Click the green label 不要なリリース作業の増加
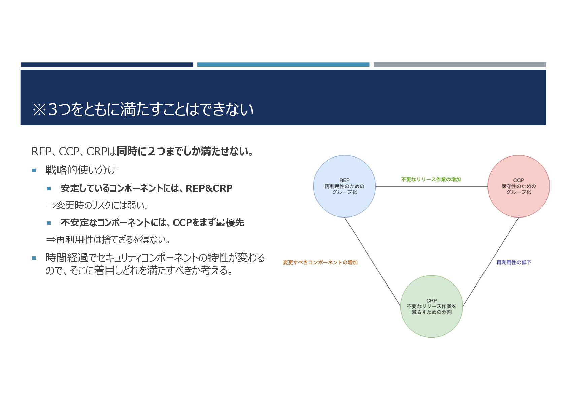click(x=431, y=180)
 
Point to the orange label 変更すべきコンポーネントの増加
click(x=320, y=263)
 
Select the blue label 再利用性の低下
click(x=513, y=263)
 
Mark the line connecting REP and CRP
click(x=372, y=261)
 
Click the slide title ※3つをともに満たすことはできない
click(x=142, y=110)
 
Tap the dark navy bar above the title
click(x=106, y=64)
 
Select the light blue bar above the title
click(x=283, y=64)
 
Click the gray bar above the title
click(x=460, y=64)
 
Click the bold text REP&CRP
click(x=209, y=188)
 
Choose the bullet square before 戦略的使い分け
click(x=34, y=171)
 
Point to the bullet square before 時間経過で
click(x=34, y=258)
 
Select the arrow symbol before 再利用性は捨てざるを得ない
click(x=51, y=240)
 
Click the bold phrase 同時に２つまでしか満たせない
click(x=185, y=152)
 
